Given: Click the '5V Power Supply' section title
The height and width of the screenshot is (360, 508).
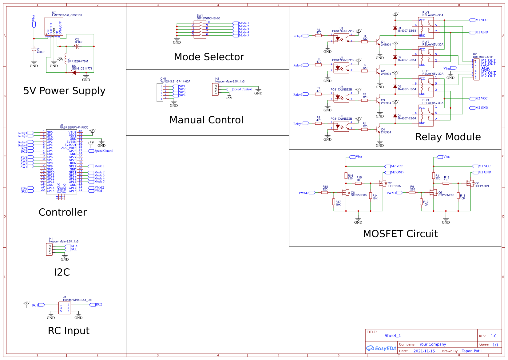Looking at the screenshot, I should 64,91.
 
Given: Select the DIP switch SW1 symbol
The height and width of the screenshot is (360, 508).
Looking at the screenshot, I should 200,30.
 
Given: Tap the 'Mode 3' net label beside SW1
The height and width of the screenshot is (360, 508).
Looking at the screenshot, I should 244,29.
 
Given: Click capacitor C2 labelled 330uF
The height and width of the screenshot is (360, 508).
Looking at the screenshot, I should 77,46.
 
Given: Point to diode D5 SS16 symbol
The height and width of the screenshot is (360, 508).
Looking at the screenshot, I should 73,73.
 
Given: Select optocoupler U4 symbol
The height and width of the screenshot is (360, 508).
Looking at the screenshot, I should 341,68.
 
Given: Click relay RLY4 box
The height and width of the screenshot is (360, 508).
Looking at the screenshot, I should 426,115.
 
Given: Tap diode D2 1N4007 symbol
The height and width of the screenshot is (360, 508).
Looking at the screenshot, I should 395,57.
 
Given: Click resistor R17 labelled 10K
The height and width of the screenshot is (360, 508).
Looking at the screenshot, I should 334,202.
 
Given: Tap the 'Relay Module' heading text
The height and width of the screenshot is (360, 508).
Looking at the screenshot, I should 448,137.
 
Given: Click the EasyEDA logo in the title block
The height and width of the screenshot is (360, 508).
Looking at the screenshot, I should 381,348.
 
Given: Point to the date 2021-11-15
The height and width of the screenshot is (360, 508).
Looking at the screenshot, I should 424,351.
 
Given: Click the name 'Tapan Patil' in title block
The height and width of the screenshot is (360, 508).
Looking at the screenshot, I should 471,351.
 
